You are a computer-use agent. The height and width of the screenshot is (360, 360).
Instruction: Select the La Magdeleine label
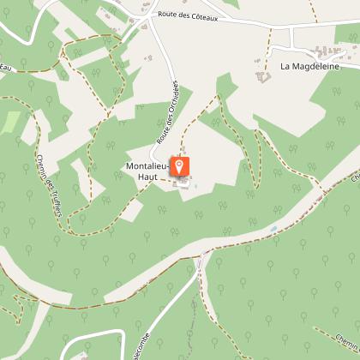[309, 65]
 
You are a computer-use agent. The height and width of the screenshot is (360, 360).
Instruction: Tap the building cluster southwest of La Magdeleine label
[263, 76]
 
